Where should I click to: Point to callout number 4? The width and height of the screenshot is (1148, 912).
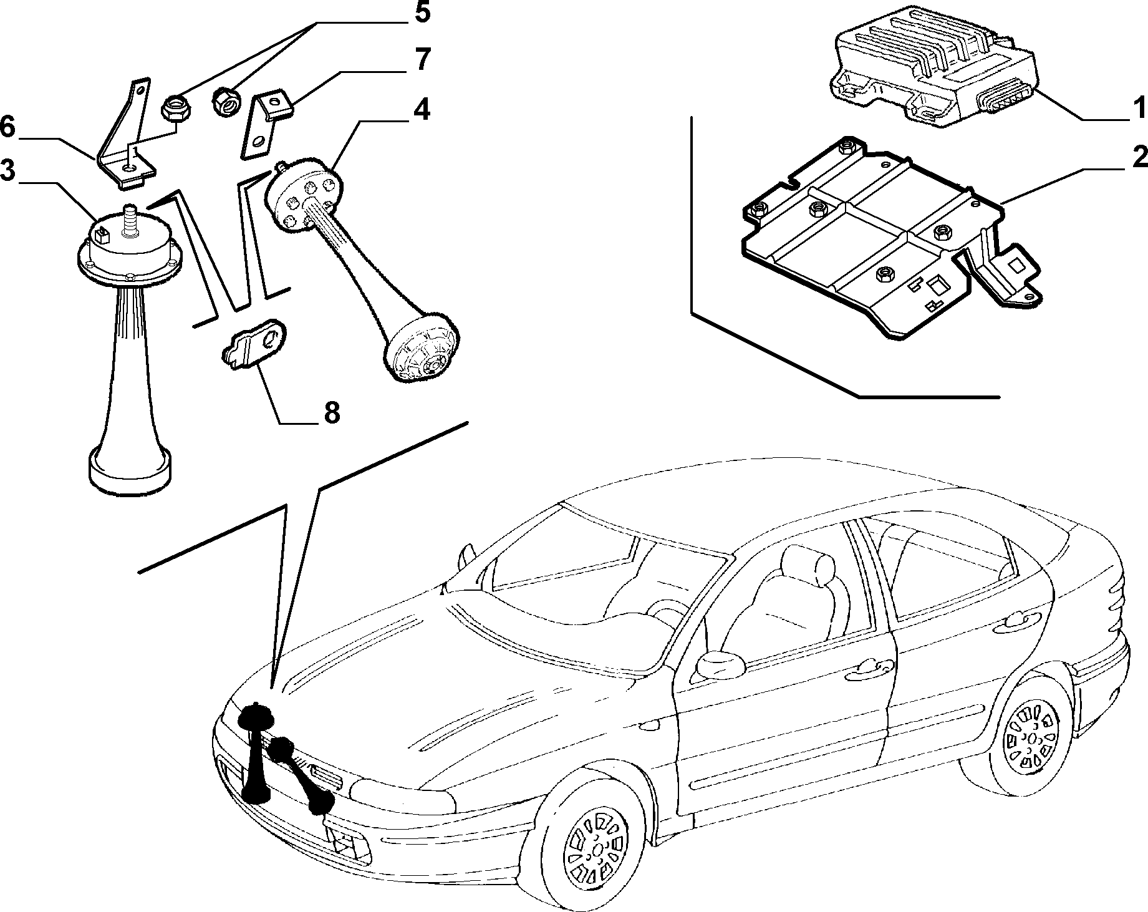pyautogui.click(x=422, y=109)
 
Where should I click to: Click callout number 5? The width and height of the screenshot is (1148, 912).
pyautogui.click(x=422, y=13)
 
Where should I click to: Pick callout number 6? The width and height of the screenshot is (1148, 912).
pyautogui.click(x=7, y=127)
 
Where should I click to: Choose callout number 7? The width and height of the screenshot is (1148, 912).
pyautogui.click(x=422, y=60)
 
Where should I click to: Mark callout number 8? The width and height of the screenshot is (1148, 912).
pyautogui.click(x=330, y=412)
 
